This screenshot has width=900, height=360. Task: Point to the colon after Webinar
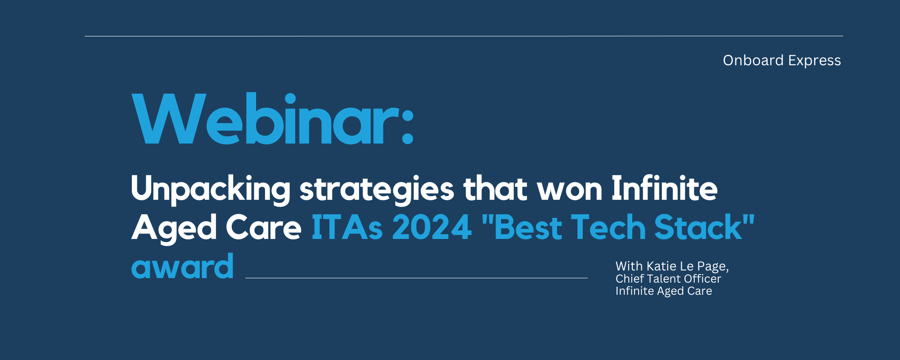(408, 126)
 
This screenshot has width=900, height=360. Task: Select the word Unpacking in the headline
(211, 189)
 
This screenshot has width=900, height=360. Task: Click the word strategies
(377, 189)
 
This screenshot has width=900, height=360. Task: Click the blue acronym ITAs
(347, 227)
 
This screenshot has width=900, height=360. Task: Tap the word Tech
(608, 227)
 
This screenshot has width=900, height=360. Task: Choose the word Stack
(698, 227)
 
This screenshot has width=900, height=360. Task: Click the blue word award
(182, 266)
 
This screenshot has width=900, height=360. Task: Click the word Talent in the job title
(664, 279)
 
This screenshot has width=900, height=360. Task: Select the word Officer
(702, 279)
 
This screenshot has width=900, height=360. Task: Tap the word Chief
(630, 279)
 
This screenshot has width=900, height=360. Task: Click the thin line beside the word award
(416, 278)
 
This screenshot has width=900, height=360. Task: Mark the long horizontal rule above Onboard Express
(463, 36)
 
